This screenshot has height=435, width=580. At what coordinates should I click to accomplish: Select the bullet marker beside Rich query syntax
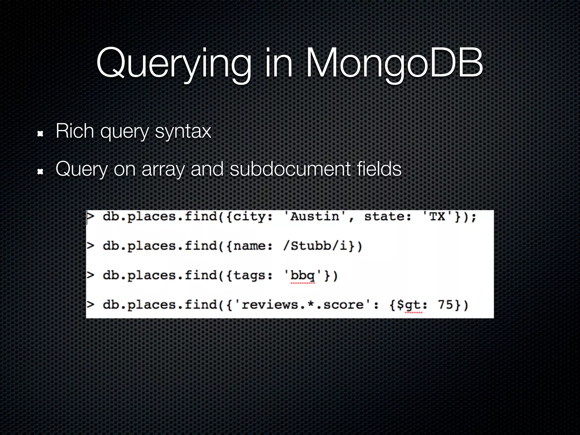pos(40,133)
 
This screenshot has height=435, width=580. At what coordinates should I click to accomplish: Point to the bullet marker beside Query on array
pos(40,171)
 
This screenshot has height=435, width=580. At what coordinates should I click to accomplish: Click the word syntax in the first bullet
pos(183,131)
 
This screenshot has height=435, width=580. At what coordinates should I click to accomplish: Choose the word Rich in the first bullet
pos(75,131)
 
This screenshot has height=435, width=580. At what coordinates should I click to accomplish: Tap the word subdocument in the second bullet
pos(290,169)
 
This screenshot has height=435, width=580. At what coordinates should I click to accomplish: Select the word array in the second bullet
pos(163,169)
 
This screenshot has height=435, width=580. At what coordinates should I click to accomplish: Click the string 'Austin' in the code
pos(314,217)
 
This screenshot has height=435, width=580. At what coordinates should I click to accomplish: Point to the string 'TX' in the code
pos(437,217)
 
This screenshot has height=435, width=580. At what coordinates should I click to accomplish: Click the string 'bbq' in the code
pos(302,276)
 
